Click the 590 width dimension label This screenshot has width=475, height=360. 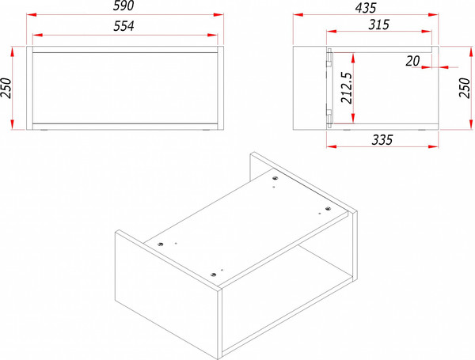123,6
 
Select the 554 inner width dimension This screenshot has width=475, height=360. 123,26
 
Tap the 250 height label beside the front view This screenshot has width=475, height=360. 6,88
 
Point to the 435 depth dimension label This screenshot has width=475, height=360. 366,8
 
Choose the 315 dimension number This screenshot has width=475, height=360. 378,25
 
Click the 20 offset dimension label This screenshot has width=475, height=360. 412,62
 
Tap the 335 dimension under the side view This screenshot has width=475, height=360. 382,140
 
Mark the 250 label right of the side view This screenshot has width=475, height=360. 465,88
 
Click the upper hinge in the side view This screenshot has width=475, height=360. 329,59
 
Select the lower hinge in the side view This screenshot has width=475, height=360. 329,116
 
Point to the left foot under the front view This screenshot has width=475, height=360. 44,131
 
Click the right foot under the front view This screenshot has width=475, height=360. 207,131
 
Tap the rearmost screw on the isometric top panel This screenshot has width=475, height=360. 275,178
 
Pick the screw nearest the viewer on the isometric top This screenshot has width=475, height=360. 213,275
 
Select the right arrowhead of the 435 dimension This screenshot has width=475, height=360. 434,14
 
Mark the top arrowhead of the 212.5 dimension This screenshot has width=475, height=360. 353,58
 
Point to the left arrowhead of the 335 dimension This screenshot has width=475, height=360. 332,146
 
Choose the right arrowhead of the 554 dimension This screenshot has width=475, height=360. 212,35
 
